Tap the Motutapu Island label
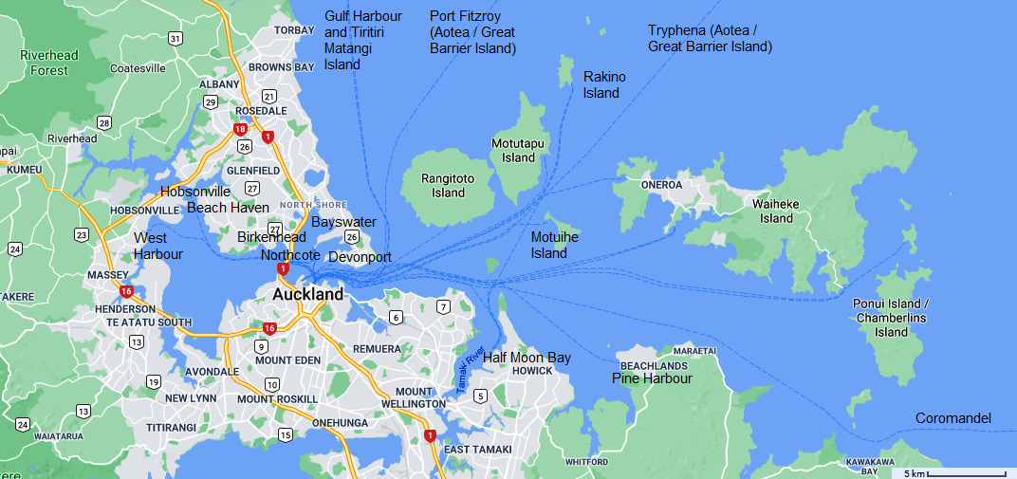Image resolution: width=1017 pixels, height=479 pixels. point(519,150)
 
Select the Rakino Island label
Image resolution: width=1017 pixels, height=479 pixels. point(604,84)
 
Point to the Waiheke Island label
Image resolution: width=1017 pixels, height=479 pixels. point(776,211)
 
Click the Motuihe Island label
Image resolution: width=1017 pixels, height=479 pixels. point(554,245)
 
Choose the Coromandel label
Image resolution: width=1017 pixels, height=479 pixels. point(952,418)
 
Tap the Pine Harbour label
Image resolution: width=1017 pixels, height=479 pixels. point(652,378)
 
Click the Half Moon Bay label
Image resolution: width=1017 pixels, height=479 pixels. point(527,358)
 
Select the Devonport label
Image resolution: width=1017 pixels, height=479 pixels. point(360,256)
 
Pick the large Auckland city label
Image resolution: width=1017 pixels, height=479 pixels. point(307,294)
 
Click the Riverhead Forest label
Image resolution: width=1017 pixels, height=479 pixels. point(49,63)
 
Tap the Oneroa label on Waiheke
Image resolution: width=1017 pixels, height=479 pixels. point(661,185)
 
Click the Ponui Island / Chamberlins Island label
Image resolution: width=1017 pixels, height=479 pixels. point(892,318)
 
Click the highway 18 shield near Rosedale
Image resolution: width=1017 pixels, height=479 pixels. point(240,129)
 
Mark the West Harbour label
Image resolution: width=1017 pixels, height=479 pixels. point(157,246)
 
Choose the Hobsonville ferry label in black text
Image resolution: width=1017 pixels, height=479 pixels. point(195,192)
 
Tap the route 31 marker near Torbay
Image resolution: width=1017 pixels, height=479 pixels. point(176,39)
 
